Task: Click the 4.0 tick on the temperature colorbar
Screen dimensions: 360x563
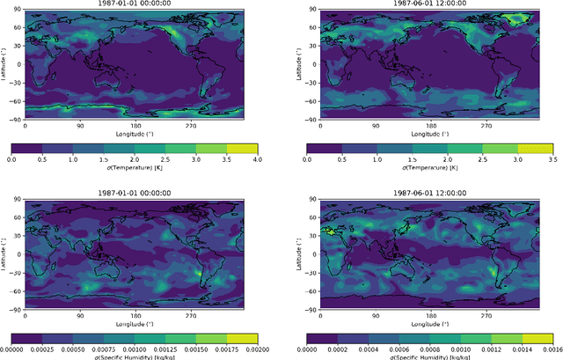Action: (x=256, y=159)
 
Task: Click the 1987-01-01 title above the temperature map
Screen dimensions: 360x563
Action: (x=133, y=5)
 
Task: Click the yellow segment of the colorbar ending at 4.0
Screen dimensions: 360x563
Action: (x=241, y=148)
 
